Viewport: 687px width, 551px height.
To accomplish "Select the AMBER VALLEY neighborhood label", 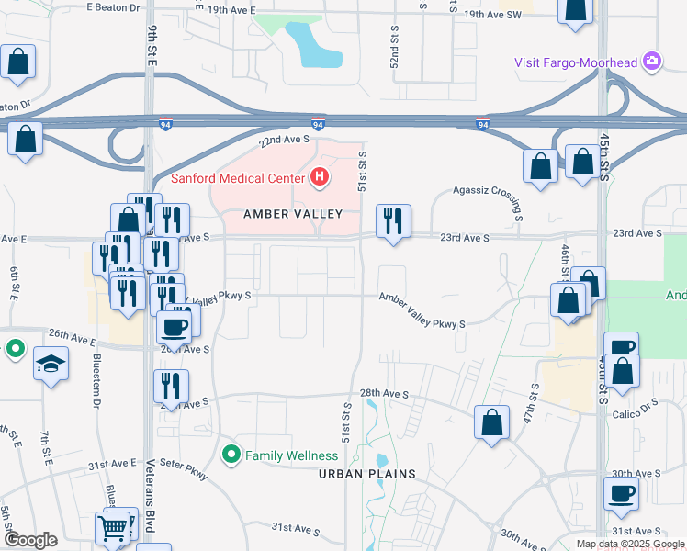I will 292,214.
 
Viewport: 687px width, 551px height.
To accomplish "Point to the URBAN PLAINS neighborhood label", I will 367,474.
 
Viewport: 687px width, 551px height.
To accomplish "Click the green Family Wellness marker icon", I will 231,453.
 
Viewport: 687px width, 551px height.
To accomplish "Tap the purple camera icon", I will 652,62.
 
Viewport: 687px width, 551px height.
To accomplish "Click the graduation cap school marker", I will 51,364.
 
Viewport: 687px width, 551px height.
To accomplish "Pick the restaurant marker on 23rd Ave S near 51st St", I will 393,221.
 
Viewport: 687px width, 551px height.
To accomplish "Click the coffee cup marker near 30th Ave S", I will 621,493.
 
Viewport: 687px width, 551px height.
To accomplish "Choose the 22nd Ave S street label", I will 285,140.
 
